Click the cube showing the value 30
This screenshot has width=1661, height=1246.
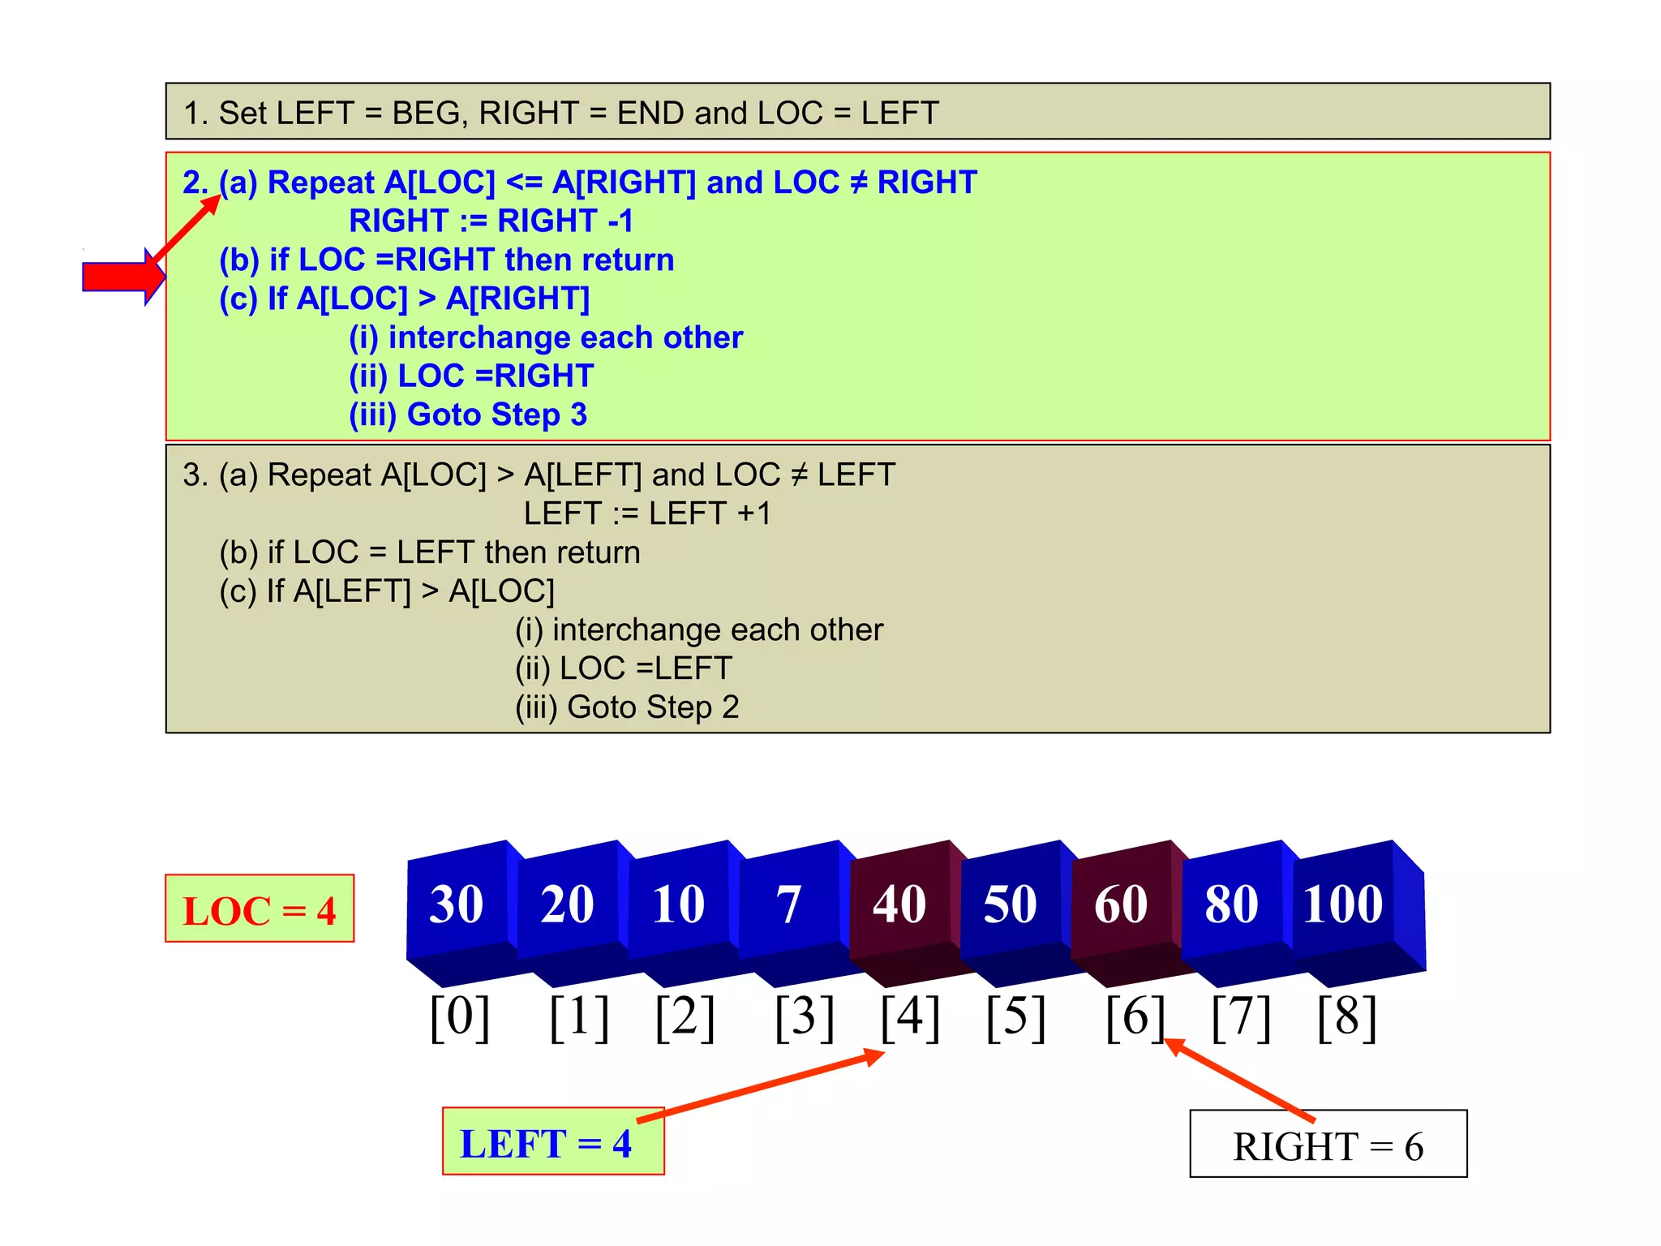tap(457, 904)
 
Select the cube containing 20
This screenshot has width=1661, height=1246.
tap(568, 904)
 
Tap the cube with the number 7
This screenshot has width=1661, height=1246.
tap(788, 904)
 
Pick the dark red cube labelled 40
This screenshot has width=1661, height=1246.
tap(899, 904)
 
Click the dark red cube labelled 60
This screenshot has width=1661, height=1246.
tap(1121, 904)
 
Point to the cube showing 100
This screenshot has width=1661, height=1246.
tap(1343, 904)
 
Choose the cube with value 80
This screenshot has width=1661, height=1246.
tap(1232, 904)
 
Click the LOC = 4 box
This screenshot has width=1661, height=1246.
tap(260, 909)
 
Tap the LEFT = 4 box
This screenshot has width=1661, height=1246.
tap(553, 1142)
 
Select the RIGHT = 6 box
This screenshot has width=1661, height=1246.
tap(1328, 1145)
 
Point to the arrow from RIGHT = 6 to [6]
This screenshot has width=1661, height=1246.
tap(1239, 1080)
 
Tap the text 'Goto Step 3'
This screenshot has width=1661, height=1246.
tap(496, 415)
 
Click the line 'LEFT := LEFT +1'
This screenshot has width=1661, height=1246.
tap(647, 513)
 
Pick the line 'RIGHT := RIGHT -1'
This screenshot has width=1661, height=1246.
tap(491, 221)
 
